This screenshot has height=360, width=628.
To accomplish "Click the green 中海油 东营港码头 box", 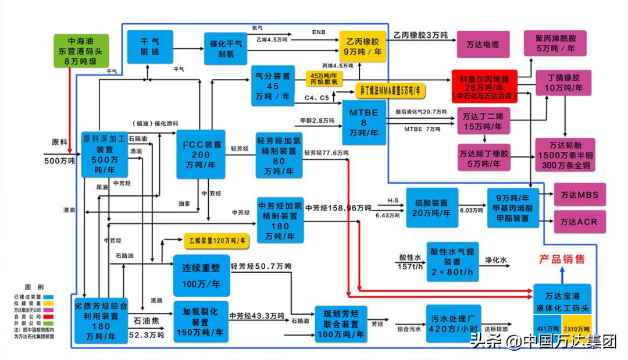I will coord(82,52).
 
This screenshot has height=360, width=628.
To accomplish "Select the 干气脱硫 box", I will coord(151,47).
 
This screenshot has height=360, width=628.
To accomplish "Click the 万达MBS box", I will coord(579,194).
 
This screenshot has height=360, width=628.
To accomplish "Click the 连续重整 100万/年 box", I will coord(201,275).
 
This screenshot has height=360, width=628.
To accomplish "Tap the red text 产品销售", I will coord(562,259).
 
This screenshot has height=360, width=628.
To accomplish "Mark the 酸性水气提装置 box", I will coord(452,262).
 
